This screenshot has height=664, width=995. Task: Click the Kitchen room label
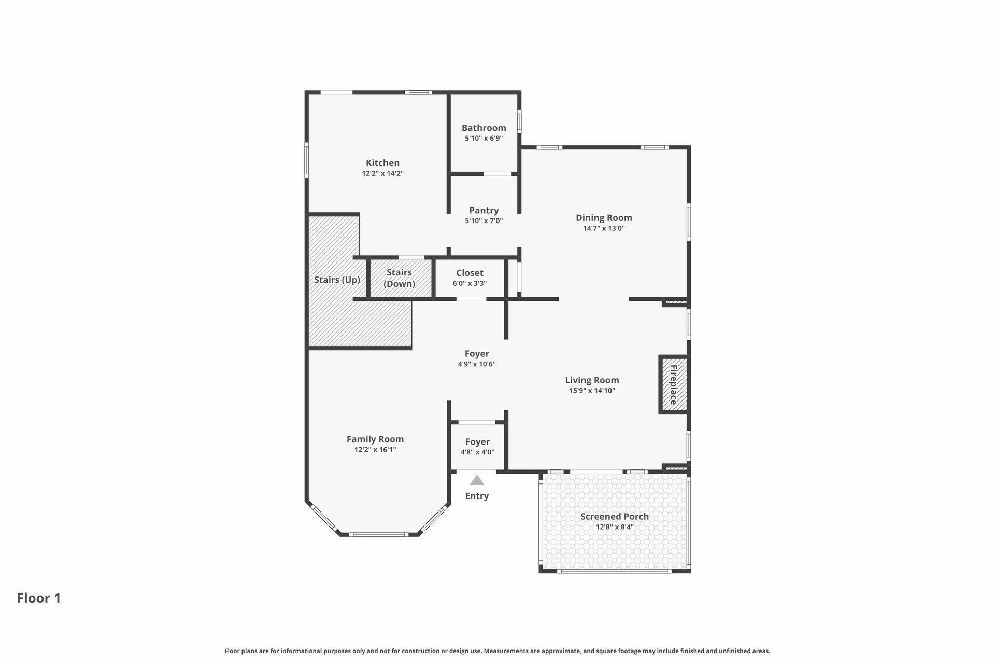point(382,163)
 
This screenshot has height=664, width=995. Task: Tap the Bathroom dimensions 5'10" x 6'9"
point(484,139)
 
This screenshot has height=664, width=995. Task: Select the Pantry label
point(484,210)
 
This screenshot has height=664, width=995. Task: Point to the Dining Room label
point(604,218)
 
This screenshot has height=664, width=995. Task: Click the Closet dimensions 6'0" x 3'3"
point(470,284)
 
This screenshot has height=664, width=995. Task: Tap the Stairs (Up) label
point(337,280)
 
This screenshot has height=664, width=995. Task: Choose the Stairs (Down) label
point(399,278)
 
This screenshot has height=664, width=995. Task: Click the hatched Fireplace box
point(674,385)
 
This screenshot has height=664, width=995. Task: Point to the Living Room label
point(592,380)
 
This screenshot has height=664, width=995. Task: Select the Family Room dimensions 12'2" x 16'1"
point(375,450)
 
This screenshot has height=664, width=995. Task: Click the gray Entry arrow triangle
point(477,480)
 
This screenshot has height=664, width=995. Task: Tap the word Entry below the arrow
point(477,496)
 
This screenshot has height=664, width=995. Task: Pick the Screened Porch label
point(615,517)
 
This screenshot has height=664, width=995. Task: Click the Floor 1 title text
point(39,598)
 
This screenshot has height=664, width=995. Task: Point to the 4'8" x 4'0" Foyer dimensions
point(477,452)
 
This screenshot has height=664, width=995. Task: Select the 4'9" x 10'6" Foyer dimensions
point(477,364)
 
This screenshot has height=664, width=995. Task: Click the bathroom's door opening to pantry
point(497,174)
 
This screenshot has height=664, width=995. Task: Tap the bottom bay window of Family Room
point(378,534)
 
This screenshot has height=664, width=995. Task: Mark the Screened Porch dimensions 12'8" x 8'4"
point(615,528)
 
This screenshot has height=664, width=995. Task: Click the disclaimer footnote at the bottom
point(497,651)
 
